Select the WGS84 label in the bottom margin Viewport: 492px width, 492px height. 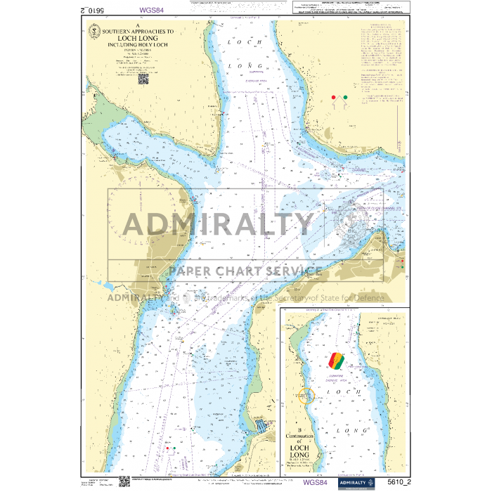pos(316,482)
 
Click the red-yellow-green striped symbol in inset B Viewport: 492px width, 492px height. pos(337,360)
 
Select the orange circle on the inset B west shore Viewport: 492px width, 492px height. pos(306,394)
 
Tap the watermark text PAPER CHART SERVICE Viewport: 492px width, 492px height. pos(245,271)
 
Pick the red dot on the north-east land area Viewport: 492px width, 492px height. pos(333,96)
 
